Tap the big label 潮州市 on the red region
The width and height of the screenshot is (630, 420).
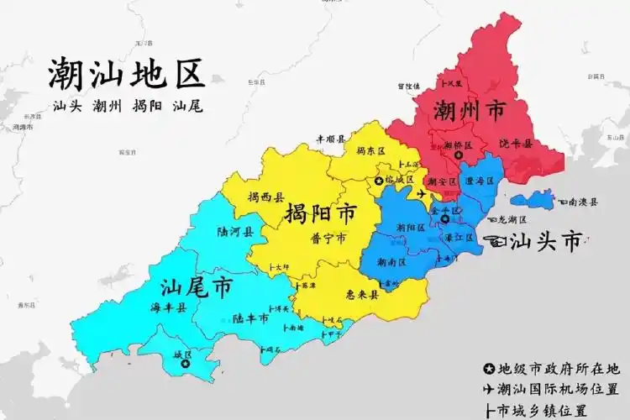[x=470, y=110]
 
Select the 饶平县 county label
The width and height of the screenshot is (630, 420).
[x=516, y=144]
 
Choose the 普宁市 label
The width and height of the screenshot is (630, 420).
[x=328, y=239]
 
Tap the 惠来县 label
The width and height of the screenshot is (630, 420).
[x=362, y=295]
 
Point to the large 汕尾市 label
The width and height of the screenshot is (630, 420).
[x=196, y=288]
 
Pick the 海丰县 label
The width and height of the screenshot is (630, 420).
[x=170, y=308]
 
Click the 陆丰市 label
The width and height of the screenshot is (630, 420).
[x=252, y=318]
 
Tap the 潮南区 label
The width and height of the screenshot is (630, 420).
[x=392, y=262]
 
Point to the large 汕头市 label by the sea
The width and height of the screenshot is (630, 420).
[x=546, y=242]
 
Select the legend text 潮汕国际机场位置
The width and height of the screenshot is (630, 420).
[x=558, y=389]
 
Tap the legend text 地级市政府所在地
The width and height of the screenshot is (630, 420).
[x=559, y=369]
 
